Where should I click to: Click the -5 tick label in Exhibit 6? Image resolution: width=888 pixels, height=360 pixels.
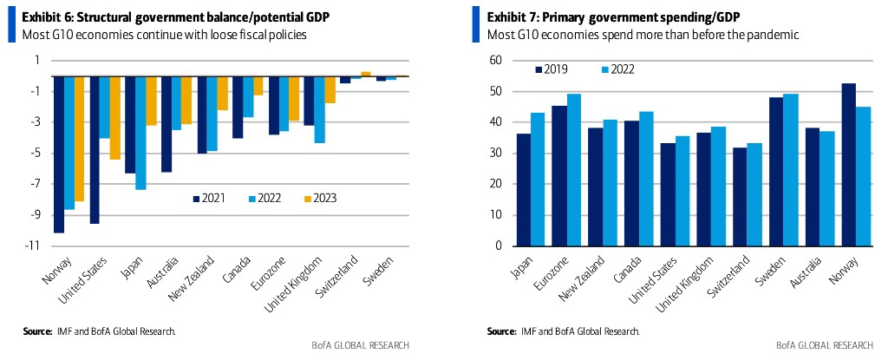click(36, 154)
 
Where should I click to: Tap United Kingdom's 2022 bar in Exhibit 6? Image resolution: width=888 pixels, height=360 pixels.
click(318, 109)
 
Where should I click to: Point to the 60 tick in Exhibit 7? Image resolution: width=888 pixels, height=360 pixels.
click(496, 60)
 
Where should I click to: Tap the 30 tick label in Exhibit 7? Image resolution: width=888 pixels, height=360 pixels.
click(496, 153)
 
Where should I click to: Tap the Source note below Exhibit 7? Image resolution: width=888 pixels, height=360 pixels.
click(563, 331)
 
